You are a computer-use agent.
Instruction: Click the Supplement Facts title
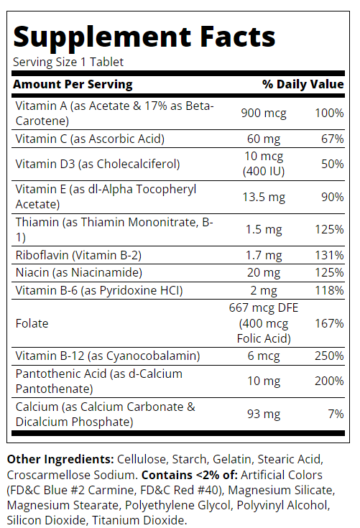click(x=144, y=38)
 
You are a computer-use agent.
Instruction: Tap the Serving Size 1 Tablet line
click(x=68, y=62)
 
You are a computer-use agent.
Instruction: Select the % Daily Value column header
click(x=303, y=84)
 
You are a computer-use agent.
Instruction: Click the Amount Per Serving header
click(x=73, y=84)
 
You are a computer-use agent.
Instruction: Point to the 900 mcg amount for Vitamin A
click(x=264, y=114)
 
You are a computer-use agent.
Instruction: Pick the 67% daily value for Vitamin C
click(x=333, y=139)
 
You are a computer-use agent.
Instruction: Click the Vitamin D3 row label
click(x=98, y=164)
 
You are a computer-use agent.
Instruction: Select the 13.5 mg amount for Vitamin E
click(x=264, y=197)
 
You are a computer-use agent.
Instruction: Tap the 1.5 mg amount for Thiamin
click(x=264, y=230)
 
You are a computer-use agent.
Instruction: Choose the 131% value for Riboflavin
click(x=329, y=255)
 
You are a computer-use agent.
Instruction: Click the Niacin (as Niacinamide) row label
click(x=79, y=272)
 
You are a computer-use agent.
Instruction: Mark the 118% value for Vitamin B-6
click(x=329, y=290)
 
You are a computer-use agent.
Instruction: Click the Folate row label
click(x=32, y=323)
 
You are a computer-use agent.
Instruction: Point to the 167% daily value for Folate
click(x=329, y=323)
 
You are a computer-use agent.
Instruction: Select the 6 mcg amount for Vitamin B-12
click(x=264, y=356)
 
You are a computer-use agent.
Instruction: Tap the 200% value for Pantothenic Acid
click(x=329, y=381)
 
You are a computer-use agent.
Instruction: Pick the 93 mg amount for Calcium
click(x=264, y=414)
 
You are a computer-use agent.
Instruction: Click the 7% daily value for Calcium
click(x=336, y=414)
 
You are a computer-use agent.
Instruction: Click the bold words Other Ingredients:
click(x=60, y=459)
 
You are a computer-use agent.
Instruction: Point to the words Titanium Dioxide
click(x=139, y=520)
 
